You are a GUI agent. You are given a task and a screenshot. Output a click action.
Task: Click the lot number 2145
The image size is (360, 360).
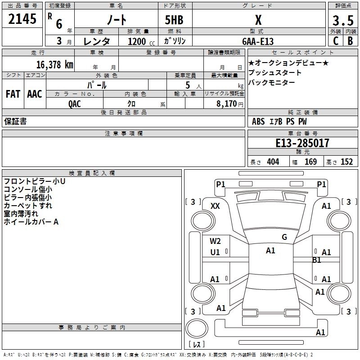click(x=22, y=19)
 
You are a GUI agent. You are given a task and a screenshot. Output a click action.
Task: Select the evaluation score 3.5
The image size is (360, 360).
click(x=342, y=20)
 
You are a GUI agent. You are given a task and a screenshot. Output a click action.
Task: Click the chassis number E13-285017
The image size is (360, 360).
click(x=302, y=144)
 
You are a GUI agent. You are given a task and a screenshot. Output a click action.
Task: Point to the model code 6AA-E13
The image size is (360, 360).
click(x=257, y=41)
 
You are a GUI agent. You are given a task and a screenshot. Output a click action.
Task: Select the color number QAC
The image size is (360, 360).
click(x=75, y=103)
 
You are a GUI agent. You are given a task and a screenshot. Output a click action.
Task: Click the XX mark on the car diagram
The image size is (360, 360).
click(x=216, y=206)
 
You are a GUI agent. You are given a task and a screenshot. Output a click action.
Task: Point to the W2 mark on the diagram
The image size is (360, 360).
click(x=216, y=241)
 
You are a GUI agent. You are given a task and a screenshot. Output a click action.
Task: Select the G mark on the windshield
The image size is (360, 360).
click(x=284, y=237)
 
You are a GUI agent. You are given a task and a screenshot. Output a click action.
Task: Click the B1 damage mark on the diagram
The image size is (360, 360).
click(x=317, y=260)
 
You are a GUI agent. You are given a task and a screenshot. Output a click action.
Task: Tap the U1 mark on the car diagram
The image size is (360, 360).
click(x=216, y=252)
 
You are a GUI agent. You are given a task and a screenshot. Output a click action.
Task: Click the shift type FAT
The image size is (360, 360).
click(x=13, y=94)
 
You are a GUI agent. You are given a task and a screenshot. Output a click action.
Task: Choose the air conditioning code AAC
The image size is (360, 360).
click(x=34, y=94)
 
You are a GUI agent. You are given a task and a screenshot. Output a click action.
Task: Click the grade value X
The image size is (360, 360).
click(x=258, y=20)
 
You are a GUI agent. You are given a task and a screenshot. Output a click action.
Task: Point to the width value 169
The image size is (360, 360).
click(x=310, y=162)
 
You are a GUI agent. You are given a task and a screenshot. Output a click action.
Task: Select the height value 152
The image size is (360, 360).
click(x=346, y=162)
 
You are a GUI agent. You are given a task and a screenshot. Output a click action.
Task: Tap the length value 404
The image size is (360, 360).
click(x=273, y=162)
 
